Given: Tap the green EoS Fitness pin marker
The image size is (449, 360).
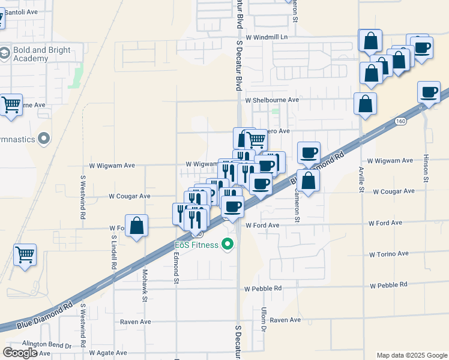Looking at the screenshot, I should (x=227, y=245).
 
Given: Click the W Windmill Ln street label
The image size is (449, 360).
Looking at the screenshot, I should (x=267, y=37).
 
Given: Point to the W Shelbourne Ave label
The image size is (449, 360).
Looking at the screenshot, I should (x=271, y=100).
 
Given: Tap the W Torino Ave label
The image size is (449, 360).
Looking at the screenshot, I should (x=389, y=254).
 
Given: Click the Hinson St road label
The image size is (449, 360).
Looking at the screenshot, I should (x=427, y=167).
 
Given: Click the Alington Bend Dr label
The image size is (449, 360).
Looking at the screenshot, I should (x=46, y=346).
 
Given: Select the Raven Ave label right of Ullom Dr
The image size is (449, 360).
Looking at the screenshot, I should (x=285, y=320).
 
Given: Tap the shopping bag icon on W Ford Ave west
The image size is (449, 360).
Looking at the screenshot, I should (x=137, y=226).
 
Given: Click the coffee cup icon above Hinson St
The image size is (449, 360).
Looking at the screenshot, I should (x=429, y=92).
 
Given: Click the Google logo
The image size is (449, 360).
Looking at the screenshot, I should (x=20, y=352).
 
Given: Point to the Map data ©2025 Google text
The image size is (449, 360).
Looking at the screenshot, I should (x=411, y=355).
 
